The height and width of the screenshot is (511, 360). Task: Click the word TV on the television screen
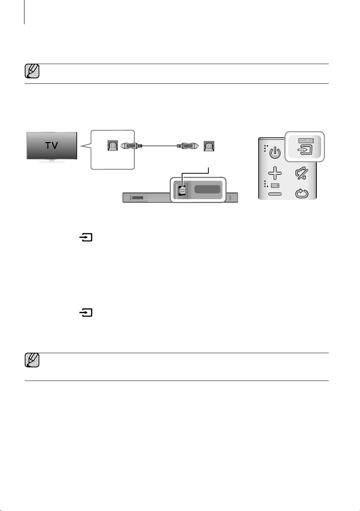(x=52, y=146)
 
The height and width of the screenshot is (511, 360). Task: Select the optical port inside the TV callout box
(x=113, y=146)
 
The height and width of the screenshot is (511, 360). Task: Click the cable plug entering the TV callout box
(x=131, y=146)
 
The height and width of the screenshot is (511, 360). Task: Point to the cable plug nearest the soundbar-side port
(x=188, y=146)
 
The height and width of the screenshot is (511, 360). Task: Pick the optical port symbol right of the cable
(x=209, y=146)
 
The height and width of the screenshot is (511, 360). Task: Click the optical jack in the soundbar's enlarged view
(x=182, y=190)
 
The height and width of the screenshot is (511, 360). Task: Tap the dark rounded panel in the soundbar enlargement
(x=207, y=189)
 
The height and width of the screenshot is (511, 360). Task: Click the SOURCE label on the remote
(x=306, y=141)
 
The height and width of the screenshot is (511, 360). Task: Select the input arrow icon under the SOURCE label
(x=305, y=150)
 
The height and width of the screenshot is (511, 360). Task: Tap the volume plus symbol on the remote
(x=275, y=173)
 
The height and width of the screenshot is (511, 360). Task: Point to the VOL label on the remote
(x=275, y=186)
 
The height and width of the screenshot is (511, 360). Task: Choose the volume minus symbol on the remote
(x=275, y=194)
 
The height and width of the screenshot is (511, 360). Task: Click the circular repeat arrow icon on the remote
(x=302, y=193)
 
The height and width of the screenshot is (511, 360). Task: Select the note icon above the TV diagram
(x=32, y=71)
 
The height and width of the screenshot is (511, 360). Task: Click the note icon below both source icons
(x=32, y=360)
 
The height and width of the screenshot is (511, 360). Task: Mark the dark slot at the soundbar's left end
(x=138, y=198)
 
